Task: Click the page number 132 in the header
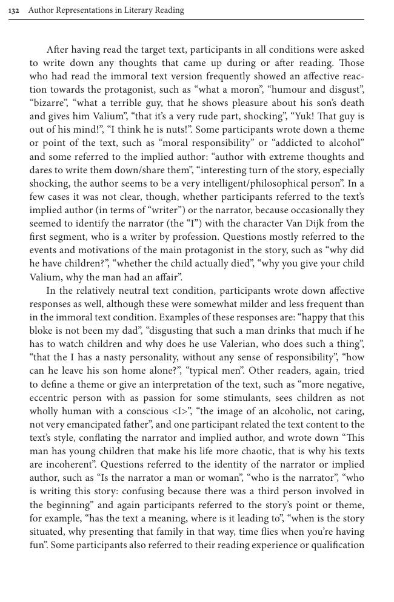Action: coord(14,10)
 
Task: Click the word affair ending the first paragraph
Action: coord(167,277)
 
